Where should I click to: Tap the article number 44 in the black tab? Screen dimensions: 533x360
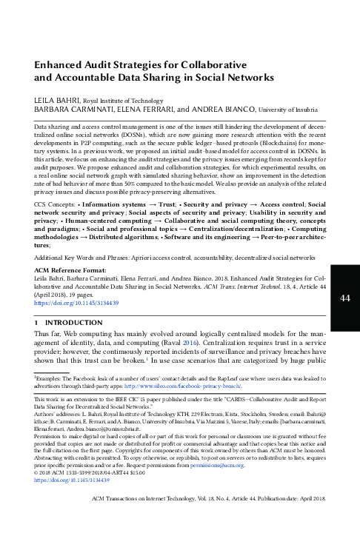(x=344, y=298)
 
